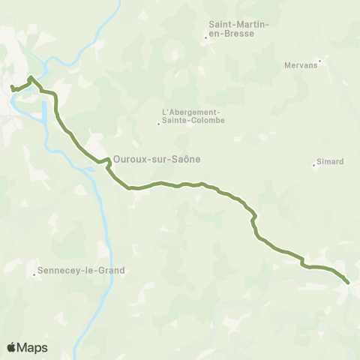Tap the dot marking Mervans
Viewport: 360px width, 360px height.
pos(320,61)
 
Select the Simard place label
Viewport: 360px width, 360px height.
pos(331,161)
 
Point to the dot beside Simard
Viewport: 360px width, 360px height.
pos(314,166)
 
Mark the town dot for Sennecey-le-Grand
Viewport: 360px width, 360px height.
pos(34,274)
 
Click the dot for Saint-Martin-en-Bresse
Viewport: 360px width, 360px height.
pos(207,36)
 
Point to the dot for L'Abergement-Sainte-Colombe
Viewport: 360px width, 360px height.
pos(158,124)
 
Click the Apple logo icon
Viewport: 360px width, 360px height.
pos(12,347)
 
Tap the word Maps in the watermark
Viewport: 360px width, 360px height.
pos(33,347)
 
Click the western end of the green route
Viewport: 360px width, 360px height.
pos(12,88)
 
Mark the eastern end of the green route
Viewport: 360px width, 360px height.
pos(347,282)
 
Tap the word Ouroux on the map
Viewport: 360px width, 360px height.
pos(128,159)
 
